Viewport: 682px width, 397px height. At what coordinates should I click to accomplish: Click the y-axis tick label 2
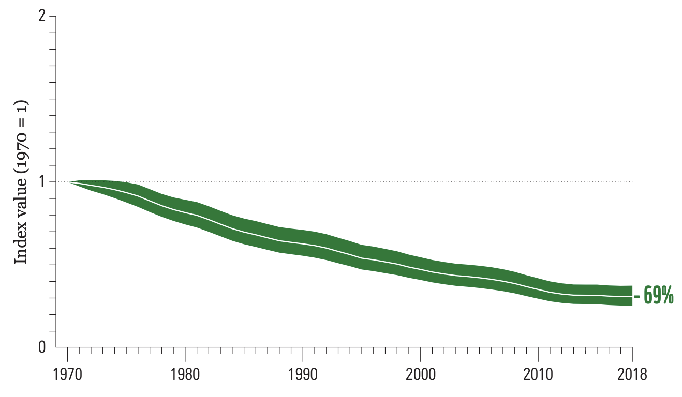[42, 17]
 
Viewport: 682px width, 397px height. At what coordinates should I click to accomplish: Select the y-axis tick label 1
[42, 182]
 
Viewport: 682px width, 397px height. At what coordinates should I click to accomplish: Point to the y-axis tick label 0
[42, 347]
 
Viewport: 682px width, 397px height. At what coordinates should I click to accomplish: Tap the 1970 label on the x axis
[67, 375]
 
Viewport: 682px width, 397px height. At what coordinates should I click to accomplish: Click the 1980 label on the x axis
[185, 375]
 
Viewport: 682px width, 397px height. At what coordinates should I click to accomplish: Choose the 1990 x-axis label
[303, 375]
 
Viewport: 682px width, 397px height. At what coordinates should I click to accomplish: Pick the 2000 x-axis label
[420, 375]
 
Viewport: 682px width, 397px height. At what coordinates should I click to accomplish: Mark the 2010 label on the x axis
[538, 375]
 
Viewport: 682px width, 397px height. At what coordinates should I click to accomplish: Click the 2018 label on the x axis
[632, 375]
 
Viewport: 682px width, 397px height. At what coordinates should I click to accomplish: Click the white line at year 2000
[420, 269]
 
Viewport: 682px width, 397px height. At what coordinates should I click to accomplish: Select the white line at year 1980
[185, 212]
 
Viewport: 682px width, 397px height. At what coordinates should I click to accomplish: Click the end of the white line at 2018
[631, 296]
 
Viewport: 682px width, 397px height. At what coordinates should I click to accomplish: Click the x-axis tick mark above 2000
[420, 350]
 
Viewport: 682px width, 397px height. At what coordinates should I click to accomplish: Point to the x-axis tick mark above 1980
[185, 350]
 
